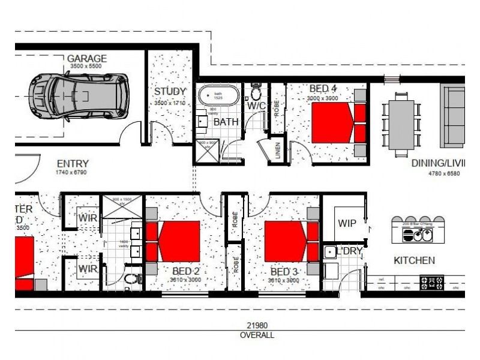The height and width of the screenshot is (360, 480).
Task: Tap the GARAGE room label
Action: click(x=87, y=59)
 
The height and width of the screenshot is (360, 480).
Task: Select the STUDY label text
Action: click(x=166, y=92)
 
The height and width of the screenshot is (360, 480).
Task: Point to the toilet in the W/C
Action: click(x=256, y=93)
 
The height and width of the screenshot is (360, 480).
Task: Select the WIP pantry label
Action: click(x=346, y=224)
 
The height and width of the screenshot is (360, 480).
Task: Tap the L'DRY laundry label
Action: click(x=349, y=251)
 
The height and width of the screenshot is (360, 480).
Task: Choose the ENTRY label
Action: click(x=73, y=164)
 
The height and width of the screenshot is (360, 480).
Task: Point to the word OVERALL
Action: click(x=256, y=335)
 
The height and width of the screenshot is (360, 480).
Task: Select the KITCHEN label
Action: click(x=414, y=260)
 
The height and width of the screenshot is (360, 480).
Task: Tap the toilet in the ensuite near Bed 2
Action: click(x=131, y=278)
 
